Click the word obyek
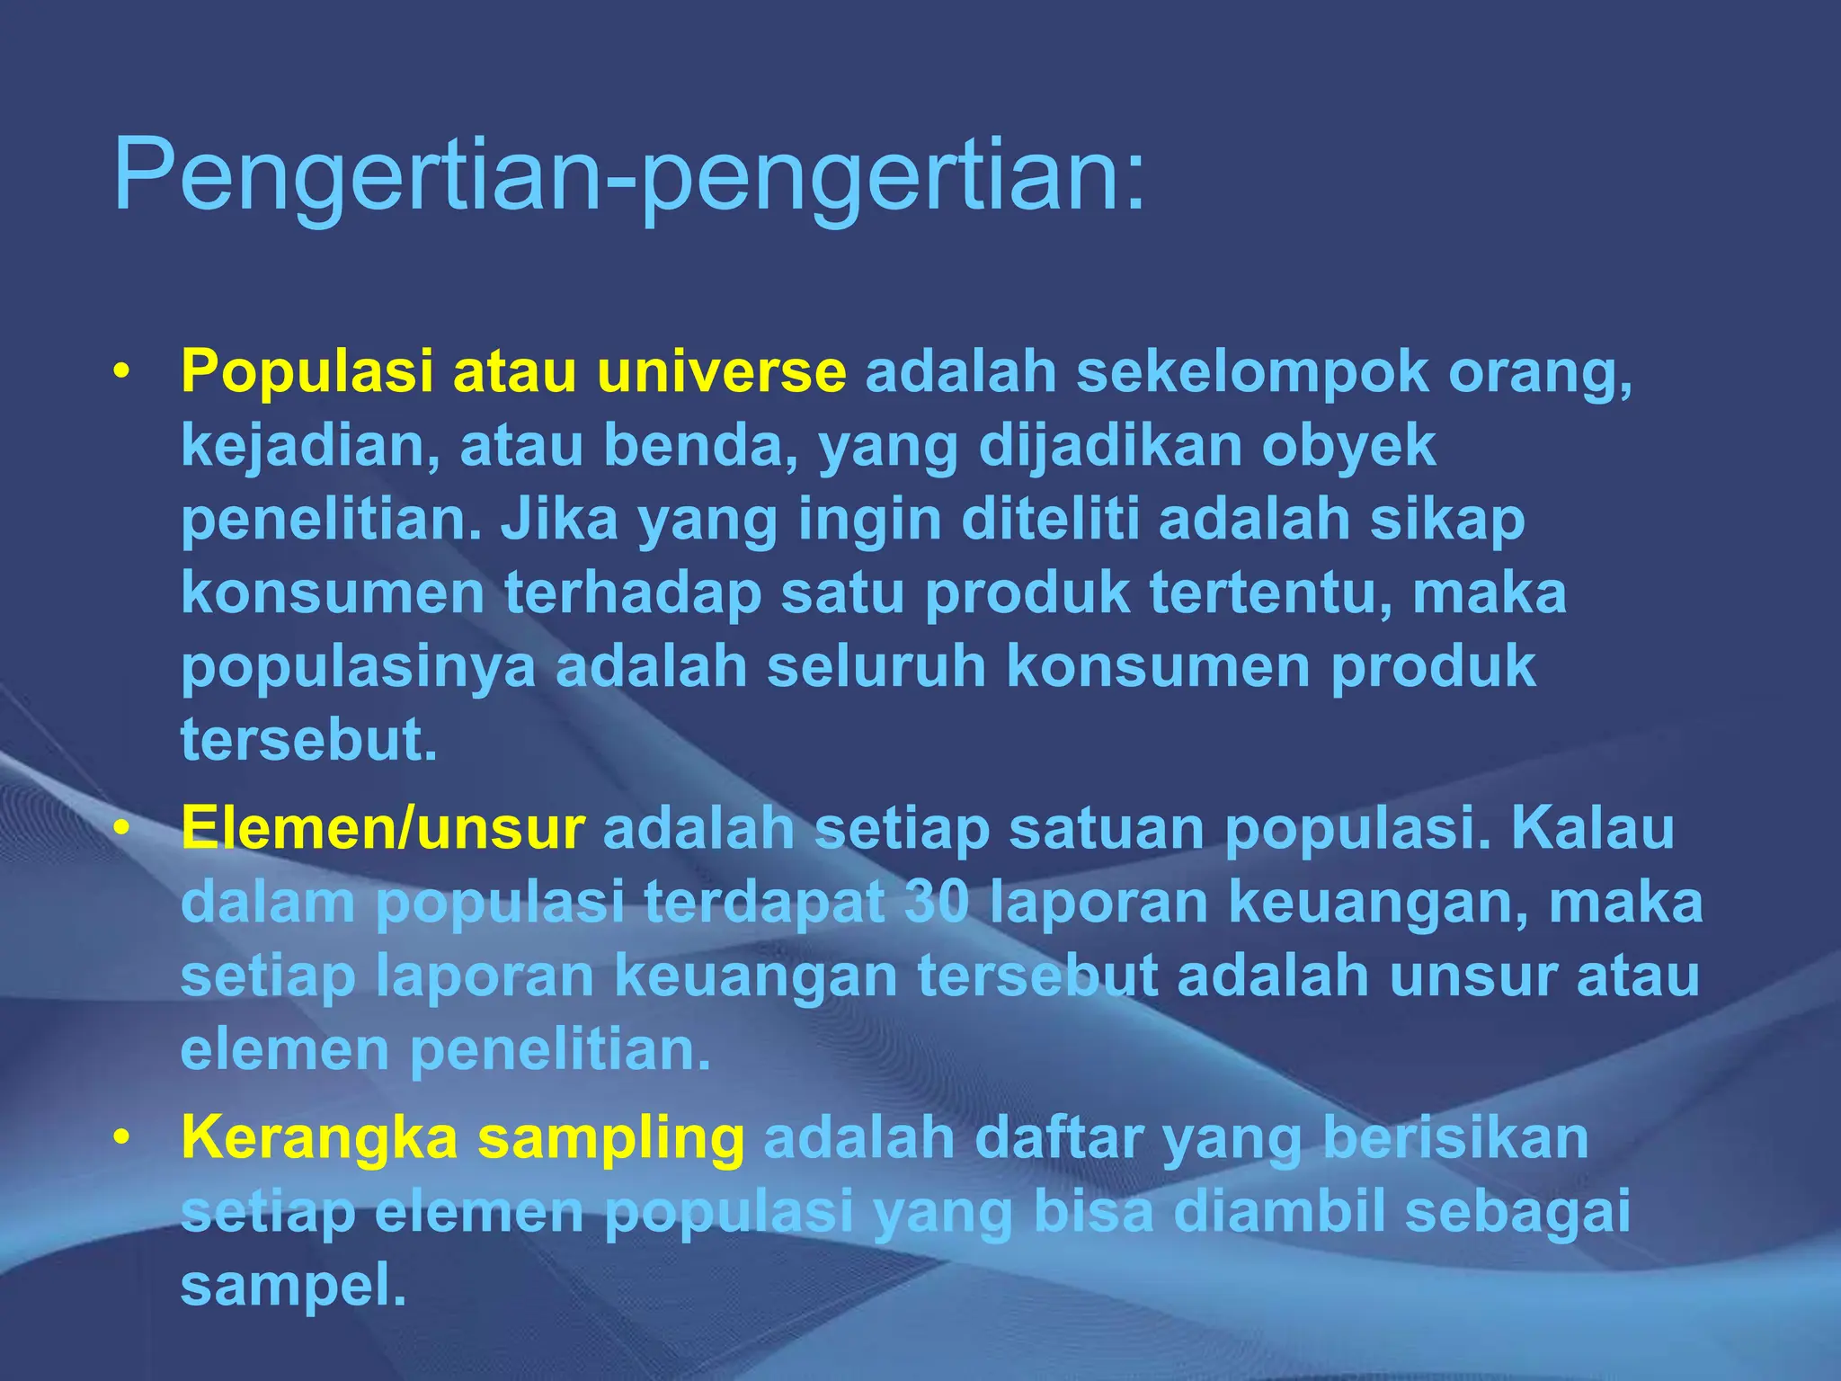1348,447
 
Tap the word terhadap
633,593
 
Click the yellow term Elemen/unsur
383,828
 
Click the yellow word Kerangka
320,1138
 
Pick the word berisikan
1455,1138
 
